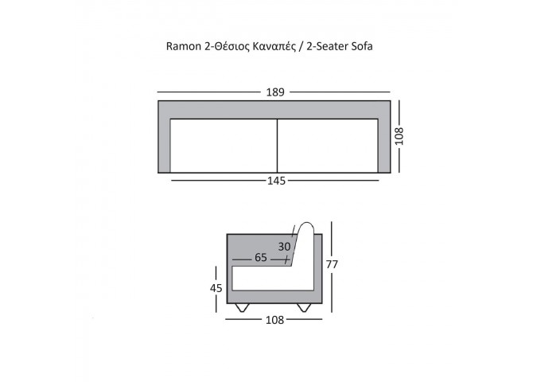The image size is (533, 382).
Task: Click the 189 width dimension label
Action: [275, 92]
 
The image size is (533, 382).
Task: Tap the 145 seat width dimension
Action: [276, 181]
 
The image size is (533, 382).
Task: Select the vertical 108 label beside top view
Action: [399, 136]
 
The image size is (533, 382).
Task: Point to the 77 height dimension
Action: [332, 264]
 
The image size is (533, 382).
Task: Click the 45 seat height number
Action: [216, 288]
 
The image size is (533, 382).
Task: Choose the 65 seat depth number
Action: [261, 258]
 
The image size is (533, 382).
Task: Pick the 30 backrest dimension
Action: [284, 247]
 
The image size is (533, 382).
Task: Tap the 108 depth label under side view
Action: [274, 320]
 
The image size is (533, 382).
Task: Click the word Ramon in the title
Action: [184, 46]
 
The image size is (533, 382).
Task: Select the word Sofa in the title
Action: [362, 46]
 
